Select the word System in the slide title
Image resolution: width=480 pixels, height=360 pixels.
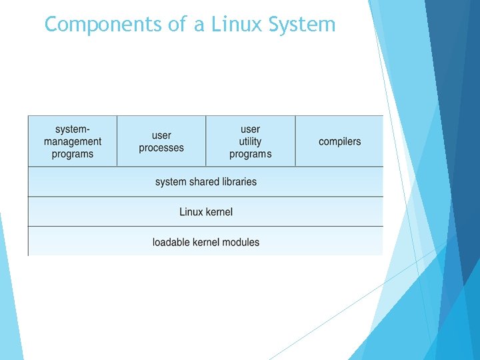[302, 25]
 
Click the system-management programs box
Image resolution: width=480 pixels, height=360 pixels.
[73, 141]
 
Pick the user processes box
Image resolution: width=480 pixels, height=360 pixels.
[161, 141]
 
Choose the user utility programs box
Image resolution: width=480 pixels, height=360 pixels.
[251, 141]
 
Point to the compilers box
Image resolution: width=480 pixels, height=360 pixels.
[339, 141]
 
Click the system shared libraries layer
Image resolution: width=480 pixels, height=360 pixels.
[206, 181]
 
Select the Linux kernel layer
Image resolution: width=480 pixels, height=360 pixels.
[206, 212]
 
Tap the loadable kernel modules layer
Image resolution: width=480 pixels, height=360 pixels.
[206, 242]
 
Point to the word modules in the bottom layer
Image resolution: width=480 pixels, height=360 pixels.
[241, 242]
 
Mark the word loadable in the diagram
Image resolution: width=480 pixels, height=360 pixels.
[170, 242]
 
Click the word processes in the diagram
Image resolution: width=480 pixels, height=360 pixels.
[161, 148]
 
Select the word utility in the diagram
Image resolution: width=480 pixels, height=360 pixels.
[251, 141]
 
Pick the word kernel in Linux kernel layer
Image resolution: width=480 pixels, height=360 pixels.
[219, 212]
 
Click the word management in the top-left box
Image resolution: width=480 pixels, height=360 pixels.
[73, 141]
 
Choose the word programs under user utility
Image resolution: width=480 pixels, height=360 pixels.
[251, 154]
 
